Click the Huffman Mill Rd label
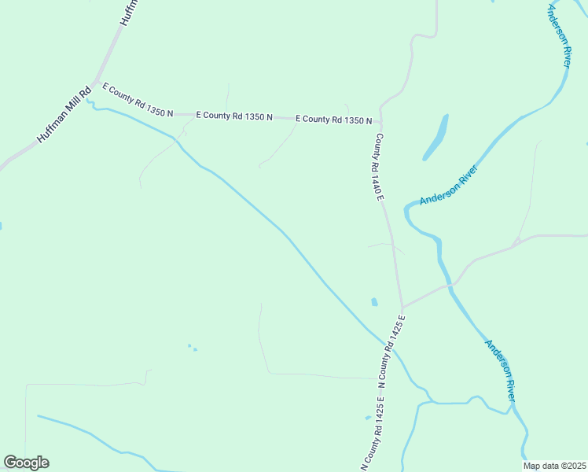coord(64,115)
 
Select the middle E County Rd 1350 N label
coord(233,116)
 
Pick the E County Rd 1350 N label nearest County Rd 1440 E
coord(333,120)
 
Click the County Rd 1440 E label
coord(378,166)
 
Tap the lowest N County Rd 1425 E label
coord(373,436)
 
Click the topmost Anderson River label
coord(559,35)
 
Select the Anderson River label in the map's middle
coord(449,186)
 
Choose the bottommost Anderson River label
coord(500,370)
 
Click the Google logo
coord(26,463)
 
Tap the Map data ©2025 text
coord(554,466)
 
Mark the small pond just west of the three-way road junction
coord(374,301)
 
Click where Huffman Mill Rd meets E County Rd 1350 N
coord(95,83)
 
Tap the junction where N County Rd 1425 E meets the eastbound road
coord(402,307)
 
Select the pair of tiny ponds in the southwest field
coord(192,347)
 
